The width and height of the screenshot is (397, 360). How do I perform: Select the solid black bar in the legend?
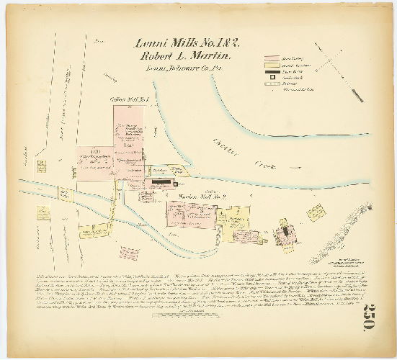pyautogui.click(x=272, y=71)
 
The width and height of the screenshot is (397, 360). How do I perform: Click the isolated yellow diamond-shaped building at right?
pyautogui.click(x=316, y=213)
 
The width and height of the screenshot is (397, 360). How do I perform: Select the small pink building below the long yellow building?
pyautogui.click(x=130, y=253)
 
